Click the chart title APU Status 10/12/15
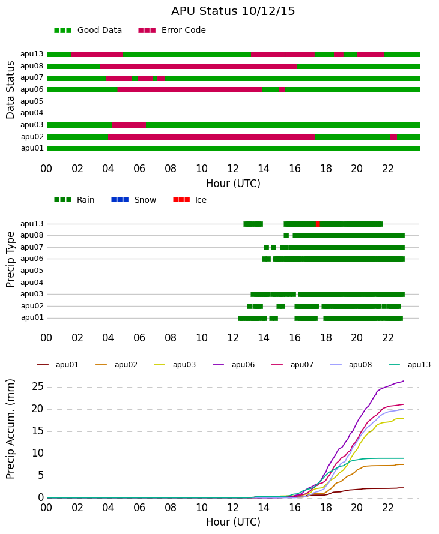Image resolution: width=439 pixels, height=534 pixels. pos(233,11)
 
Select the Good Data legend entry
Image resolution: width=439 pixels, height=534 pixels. pos(88,31)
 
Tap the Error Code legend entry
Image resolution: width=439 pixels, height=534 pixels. pos(172,31)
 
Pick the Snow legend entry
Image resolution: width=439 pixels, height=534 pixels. pos(133,200)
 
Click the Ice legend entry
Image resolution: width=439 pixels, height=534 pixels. pos(190,200)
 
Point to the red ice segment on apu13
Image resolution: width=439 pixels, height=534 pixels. pos(318,224)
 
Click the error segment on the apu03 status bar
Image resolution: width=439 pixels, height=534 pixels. pos(129,125)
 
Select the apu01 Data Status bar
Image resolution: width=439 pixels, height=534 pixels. pos(233,148)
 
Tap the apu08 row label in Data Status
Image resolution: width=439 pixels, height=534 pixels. pos(32,66)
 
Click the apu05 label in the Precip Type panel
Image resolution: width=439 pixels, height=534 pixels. pos(32,271)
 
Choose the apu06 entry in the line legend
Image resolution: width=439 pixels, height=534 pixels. pos(234,365)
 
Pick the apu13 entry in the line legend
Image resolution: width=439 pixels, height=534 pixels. pos(410,365)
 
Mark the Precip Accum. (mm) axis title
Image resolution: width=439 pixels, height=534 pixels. pos(11,429)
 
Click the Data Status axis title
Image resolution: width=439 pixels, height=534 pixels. pos(11,90)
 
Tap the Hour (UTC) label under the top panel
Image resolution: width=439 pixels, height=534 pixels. pos(233,184)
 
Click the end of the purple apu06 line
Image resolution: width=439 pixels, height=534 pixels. pos(404,381)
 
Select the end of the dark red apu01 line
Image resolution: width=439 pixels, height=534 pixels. pos(404,488)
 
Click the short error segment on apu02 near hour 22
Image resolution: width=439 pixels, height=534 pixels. pos(393,137)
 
